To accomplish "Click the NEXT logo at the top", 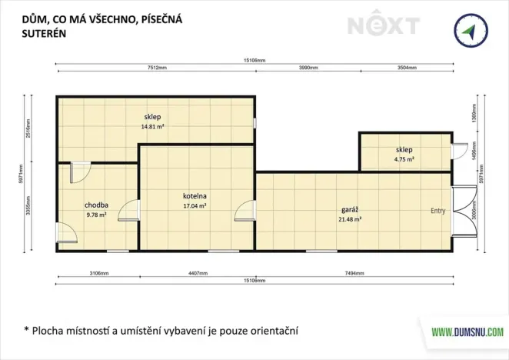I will (383, 25).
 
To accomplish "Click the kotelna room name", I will (195, 195).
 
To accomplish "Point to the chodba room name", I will (97, 205).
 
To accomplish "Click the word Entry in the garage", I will (438, 210).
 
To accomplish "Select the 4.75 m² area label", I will (404, 160).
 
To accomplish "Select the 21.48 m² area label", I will (350, 219).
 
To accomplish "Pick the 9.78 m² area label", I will (97, 215).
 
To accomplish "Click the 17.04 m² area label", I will (195, 205).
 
